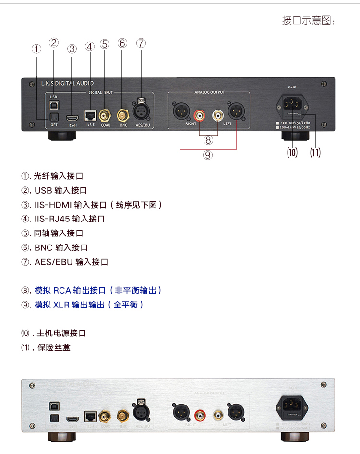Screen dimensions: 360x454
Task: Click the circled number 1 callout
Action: point(37,49)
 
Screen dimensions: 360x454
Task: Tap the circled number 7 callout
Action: point(141,43)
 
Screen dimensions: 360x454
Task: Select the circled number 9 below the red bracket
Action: point(207,155)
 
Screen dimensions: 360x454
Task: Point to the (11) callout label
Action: point(315,153)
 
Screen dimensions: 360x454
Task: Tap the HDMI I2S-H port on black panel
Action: point(72,117)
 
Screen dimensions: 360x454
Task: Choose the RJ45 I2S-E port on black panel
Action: point(90,115)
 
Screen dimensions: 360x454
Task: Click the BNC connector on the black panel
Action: point(123,115)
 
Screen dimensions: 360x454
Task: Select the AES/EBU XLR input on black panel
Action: point(141,111)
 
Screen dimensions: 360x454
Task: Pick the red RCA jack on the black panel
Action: point(199,115)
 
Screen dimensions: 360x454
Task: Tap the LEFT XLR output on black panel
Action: point(236,111)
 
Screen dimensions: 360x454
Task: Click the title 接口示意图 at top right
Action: point(308,20)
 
